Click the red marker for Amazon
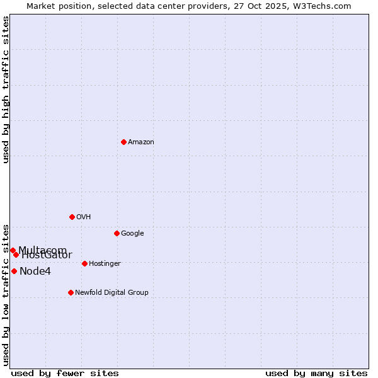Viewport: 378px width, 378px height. (123, 142)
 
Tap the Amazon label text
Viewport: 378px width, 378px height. (141, 142)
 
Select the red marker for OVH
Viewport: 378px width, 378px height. (72, 217)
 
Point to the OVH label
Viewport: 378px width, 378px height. (84, 217)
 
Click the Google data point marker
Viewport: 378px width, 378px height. (117, 233)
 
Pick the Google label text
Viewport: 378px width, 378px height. (132, 234)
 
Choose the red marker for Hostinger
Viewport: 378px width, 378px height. (84, 263)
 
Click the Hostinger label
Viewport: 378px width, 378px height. (105, 264)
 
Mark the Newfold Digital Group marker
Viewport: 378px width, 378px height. (71, 292)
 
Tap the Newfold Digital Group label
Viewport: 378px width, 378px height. (112, 293)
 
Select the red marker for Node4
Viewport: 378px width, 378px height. (14, 271)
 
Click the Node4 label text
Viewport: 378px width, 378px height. (35, 272)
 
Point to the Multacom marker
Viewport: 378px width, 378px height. (13, 250)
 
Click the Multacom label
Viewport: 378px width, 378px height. (42, 250)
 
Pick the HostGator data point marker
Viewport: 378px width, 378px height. (16, 255)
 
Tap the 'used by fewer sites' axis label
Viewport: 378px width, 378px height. (65, 374)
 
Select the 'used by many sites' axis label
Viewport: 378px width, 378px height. (316, 374)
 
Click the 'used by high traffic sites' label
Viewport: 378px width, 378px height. (6, 89)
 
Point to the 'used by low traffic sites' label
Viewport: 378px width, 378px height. (6, 294)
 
